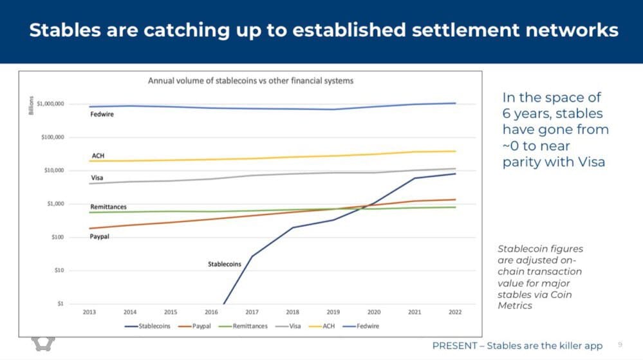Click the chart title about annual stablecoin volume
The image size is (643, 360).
point(251,81)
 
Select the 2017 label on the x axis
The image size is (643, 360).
point(252,312)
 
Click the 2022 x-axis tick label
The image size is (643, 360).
point(455,312)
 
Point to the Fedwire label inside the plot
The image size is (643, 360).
point(102,115)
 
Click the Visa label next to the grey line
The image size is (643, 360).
point(96,178)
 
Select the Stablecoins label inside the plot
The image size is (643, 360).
point(225,264)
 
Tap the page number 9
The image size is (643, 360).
point(620,345)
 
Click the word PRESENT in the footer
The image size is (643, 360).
point(454,346)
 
